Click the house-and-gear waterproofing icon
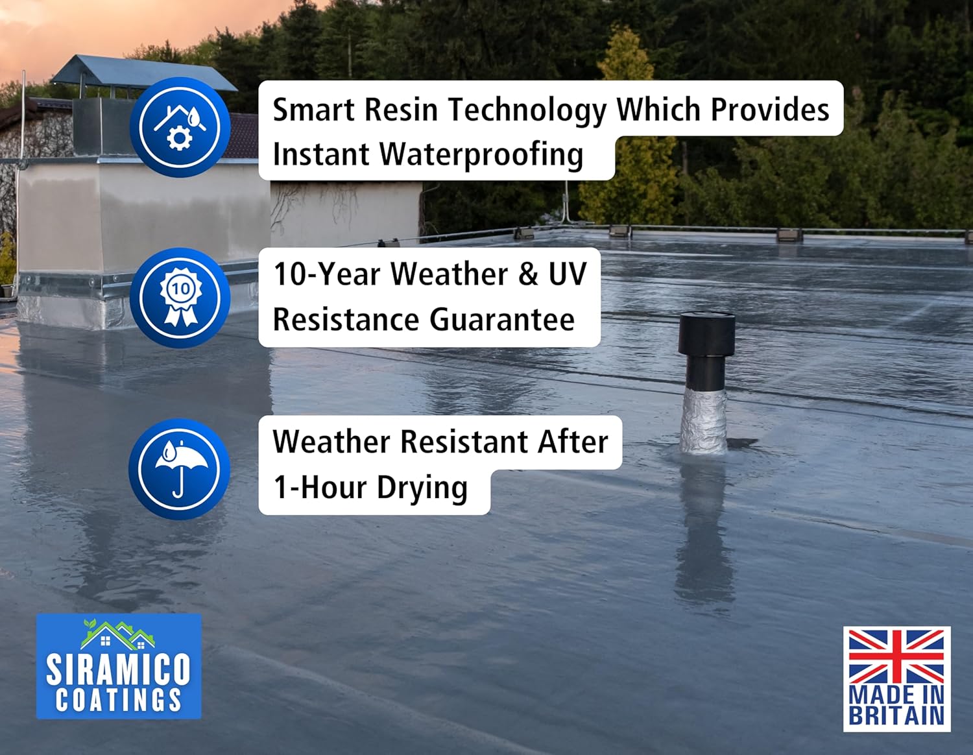point(180,127)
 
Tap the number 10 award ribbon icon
point(180,298)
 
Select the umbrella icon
point(179,469)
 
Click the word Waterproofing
point(481,155)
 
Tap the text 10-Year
point(327,274)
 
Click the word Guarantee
point(502,320)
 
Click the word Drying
point(422,488)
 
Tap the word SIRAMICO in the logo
point(118,669)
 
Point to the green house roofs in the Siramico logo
point(118,634)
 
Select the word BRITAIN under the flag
point(896,715)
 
